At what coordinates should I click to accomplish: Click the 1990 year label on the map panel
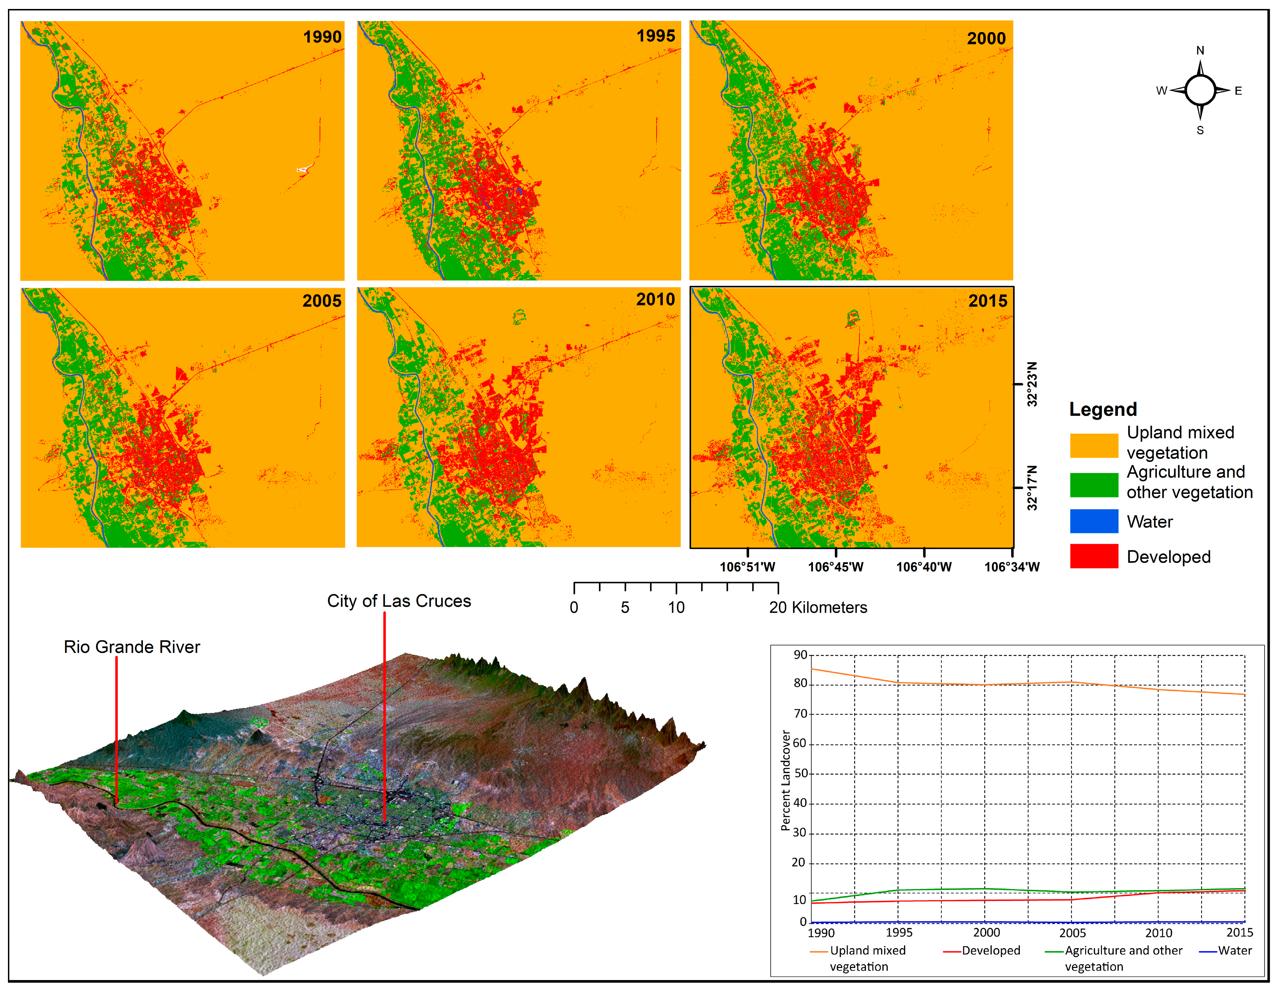tap(322, 37)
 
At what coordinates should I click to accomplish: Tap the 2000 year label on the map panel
tap(986, 39)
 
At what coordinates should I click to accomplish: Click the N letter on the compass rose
tap(1200, 50)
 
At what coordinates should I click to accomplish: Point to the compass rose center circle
tap(1200, 90)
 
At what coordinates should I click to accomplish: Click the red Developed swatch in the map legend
tap(1094, 556)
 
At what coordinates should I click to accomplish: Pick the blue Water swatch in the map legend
tap(1094, 521)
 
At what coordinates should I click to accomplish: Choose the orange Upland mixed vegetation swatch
tap(1094, 445)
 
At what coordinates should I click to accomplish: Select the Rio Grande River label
tap(132, 647)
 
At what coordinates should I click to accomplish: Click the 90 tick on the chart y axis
tap(800, 655)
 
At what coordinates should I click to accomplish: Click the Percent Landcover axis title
tap(786, 780)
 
